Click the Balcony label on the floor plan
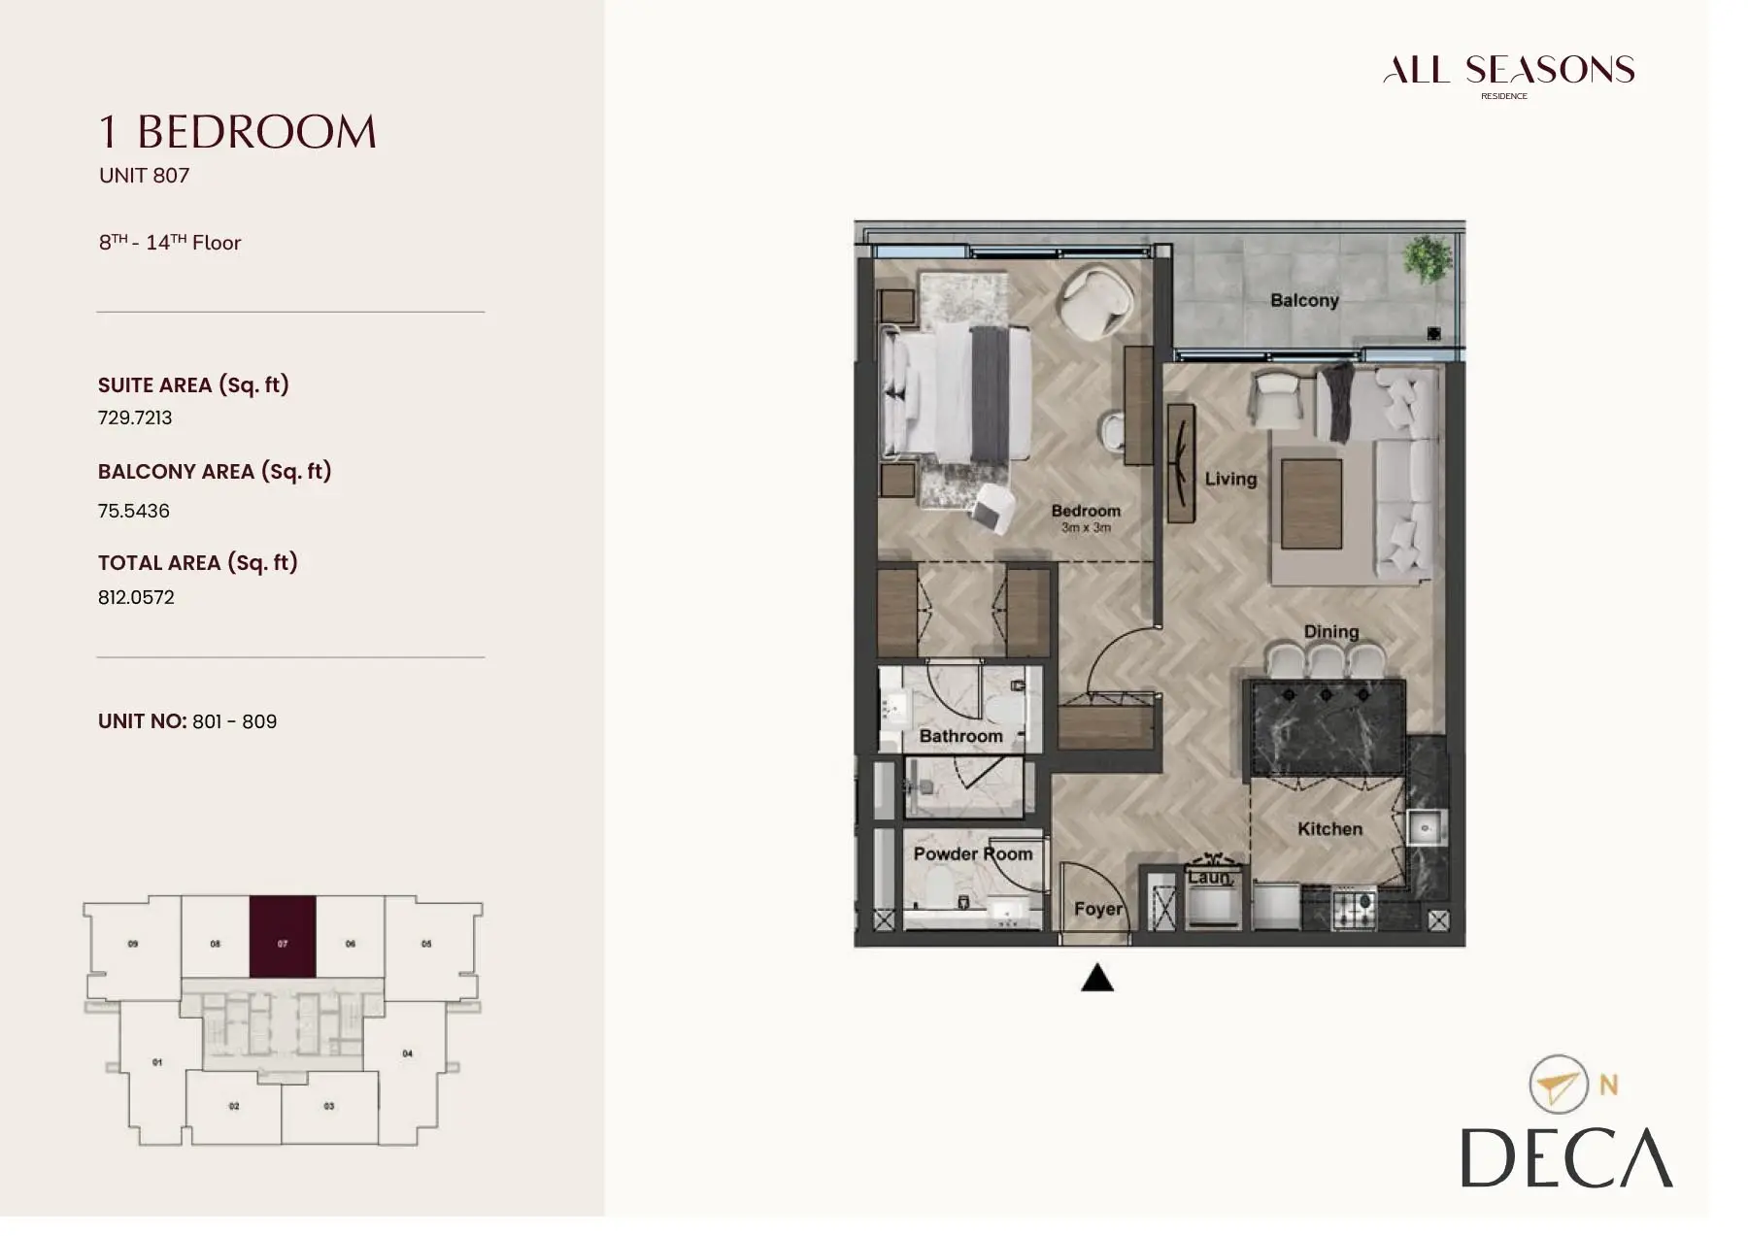tap(1304, 301)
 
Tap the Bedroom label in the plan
tap(1086, 511)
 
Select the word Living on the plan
tap(1230, 479)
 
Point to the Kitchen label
tap(1329, 829)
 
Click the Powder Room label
tap(973, 853)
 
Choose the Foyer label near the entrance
tap(1098, 909)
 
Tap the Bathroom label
tap(960, 736)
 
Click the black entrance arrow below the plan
tap(1097, 978)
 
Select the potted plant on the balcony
tap(1428, 258)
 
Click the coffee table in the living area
tap(1311, 505)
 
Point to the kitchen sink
tap(1426, 827)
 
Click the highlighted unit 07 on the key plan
tap(283, 937)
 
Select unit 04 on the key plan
tap(407, 1053)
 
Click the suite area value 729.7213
tap(135, 418)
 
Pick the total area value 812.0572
tap(136, 597)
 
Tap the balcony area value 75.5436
tap(133, 511)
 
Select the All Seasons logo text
tap(1508, 70)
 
